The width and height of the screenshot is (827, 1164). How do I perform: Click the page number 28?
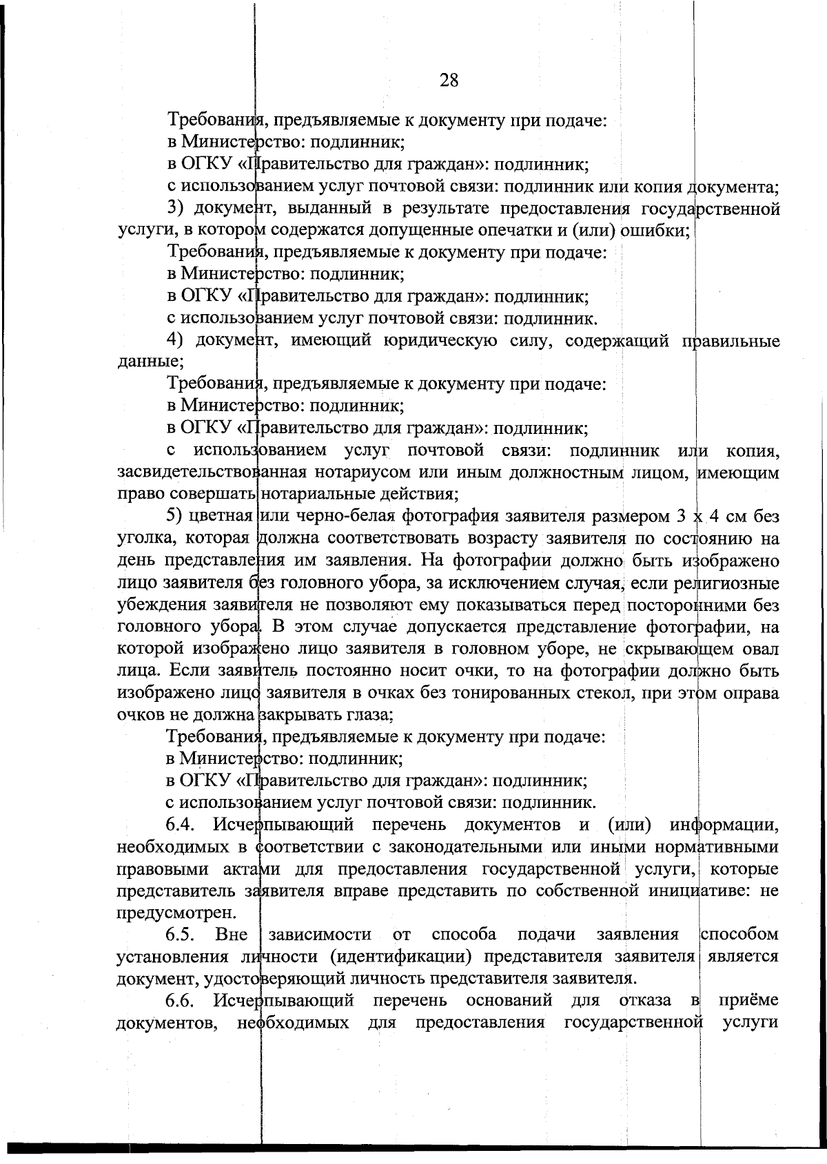(x=449, y=81)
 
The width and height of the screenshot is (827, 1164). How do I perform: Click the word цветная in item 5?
(x=225, y=517)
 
